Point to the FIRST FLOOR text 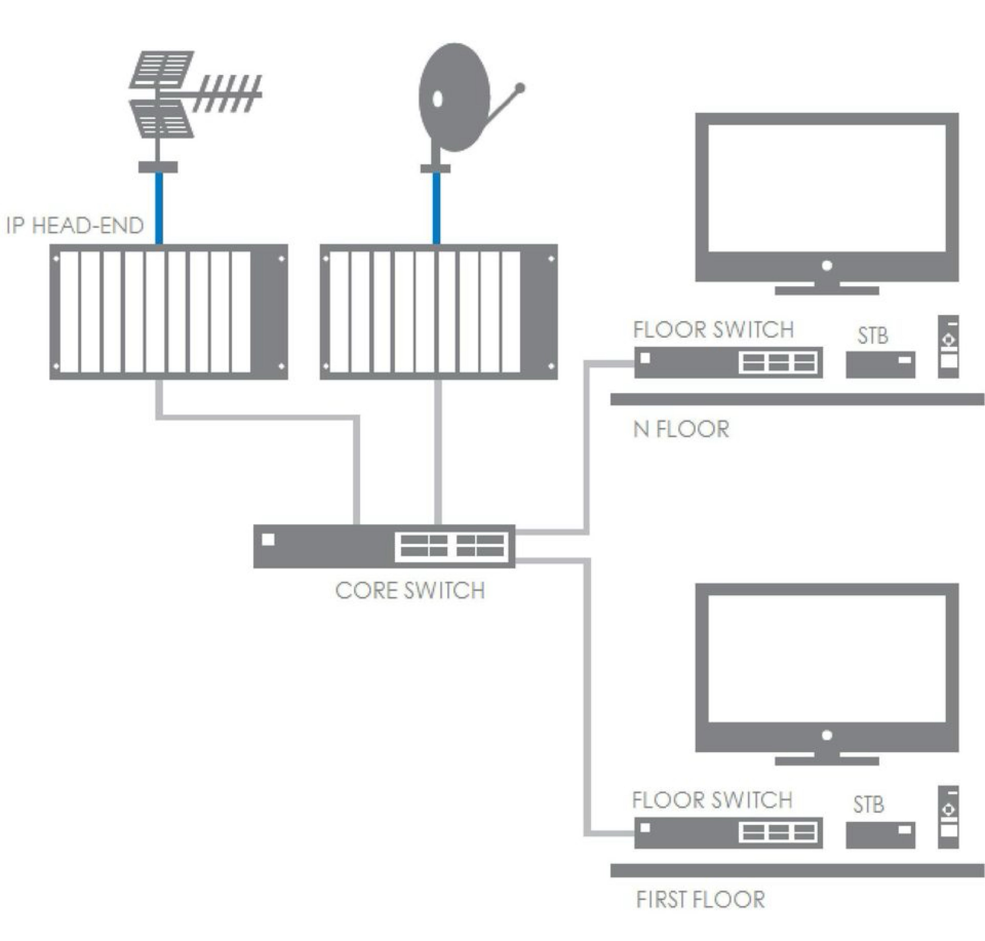tap(700, 899)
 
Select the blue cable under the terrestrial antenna tap(159, 208)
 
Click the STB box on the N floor tap(880, 365)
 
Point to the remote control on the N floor tap(948, 346)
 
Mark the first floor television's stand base tap(826, 761)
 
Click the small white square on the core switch tap(268, 539)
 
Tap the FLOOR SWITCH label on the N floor tap(713, 330)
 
